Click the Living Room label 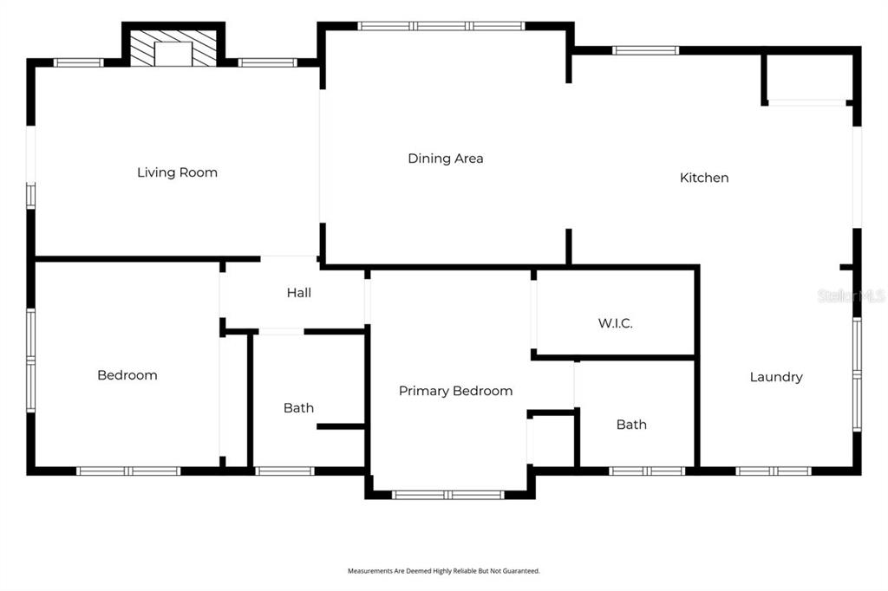tap(177, 172)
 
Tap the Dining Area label tap(446, 159)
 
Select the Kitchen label tap(704, 178)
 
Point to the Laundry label tap(776, 377)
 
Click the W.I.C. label tap(615, 323)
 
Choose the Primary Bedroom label tap(456, 391)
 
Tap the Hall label tap(299, 293)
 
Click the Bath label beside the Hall tap(298, 407)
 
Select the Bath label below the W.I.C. tap(631, 425)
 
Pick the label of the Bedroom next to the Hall tap(127, 375)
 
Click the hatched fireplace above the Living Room tap(173, 49)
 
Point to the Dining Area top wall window tap(441, 26)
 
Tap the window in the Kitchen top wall tap(645, 50)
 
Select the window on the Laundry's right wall tap(858, 374)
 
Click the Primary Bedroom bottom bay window tap(448, 495)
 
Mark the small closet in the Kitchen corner tap(806, 79)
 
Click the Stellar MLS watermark tap(852, 295)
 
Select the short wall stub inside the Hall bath tap(340, 426)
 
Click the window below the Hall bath tap(284, 471)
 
